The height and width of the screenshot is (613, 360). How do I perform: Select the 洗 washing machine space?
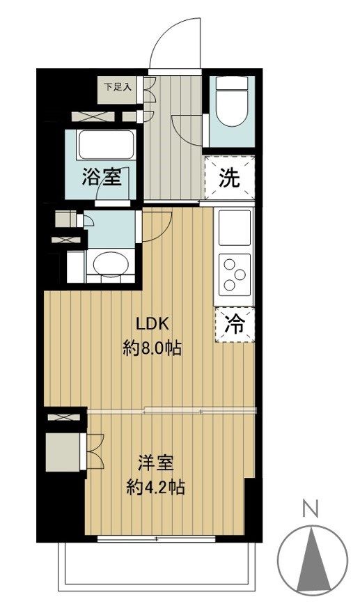(230, 178)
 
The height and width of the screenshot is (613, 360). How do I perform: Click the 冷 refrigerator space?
(235, 325)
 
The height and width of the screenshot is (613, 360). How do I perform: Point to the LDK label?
(152, 324)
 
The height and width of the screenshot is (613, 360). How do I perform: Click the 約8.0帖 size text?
(152, 348)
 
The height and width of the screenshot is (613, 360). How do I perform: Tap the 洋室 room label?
(155, 463)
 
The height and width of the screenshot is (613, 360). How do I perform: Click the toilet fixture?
(230, 104)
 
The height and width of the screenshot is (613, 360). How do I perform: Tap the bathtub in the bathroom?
(106, 145)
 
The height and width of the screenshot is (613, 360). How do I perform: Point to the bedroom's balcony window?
(157, 538)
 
